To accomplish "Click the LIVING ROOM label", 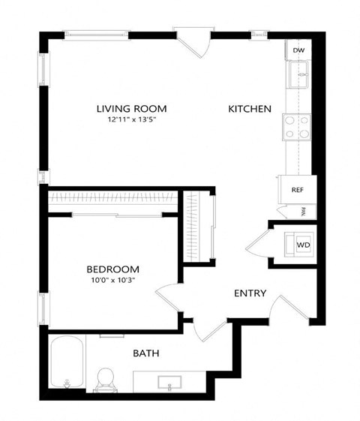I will click(131, 108).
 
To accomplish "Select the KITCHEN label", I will click(250, 109).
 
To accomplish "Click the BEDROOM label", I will click(112, 269).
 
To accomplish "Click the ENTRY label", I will click(250, 293).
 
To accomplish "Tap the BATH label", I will click(146, 353).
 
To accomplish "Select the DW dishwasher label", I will click(298, 50).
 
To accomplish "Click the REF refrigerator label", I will click(297, 190).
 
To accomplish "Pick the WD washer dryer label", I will click(302, 245).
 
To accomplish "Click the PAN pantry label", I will click(303, 212).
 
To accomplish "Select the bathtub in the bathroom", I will click(67, 362).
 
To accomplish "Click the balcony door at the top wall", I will click(193, 41).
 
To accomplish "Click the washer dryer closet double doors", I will click(257, 245).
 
